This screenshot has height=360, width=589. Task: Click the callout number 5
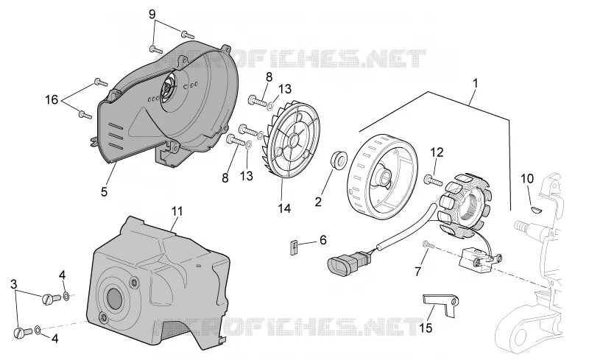pyautogui.click(x=104, y=191)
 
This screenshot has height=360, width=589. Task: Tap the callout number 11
pyautogui.click(x=177, y=211)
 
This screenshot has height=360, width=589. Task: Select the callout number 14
pyautogui.click(x=284, y=208)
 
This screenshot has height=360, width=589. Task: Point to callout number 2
pyautogui.click(x=318, y=202)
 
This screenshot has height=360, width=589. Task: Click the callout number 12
pyautogui.click(x=437, y=152)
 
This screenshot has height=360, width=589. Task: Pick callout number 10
pyautogui.click(x=527, y=178)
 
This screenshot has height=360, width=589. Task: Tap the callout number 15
pyautogui.click(x=426, y=328)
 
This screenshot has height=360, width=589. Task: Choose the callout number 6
pyautogui.click(x=323, y=240)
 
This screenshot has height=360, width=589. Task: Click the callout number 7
pyautogui.click(x=418, y=272)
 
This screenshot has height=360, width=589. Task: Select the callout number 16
pyautogui.click(x=52, y=99)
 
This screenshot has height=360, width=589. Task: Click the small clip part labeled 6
pyautogui.click(x=294, y=248)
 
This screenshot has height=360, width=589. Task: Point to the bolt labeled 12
pyautogui.click(x=434, y=180)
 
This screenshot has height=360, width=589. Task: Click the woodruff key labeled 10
pyautogui.click(x=536, y=209)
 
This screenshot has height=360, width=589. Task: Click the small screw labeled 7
pyautogui.click(x=428, y=245)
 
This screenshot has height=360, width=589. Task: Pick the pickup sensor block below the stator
pyautogui.click(x=478, y=259)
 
